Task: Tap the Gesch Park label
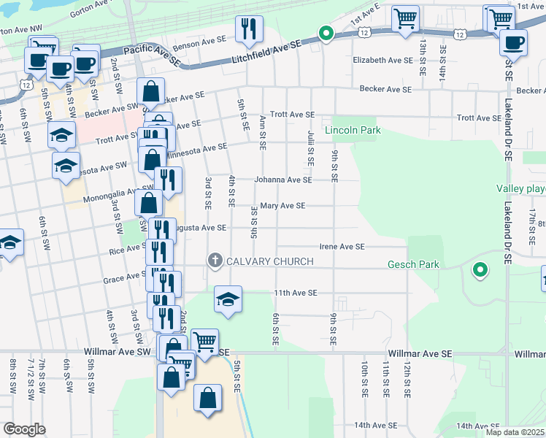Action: [414, 264]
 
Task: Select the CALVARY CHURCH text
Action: [269, 261]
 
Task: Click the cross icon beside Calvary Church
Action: [215, 261]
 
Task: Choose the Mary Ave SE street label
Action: [282, 207]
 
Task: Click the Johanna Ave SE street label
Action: [282, 180]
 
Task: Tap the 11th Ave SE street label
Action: [296, 293]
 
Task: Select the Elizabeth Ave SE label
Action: [382, 61]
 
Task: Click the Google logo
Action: [24, 429]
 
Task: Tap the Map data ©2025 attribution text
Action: [515, 432]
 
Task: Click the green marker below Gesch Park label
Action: [480, 271]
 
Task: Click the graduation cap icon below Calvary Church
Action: [228, 299]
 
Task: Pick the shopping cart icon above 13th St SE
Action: [405, 18]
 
